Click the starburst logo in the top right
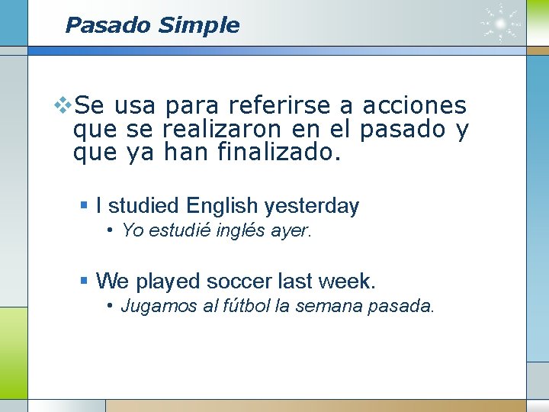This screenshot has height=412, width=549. pyautogui.click(x=501, y=24)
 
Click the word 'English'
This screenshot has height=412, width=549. pyautogui.click(x=222, y=206)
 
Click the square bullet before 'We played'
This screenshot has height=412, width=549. pyautogui.click(x=85, y=282)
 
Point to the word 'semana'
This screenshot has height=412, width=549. pyautogui.click(x=328, y=307)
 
